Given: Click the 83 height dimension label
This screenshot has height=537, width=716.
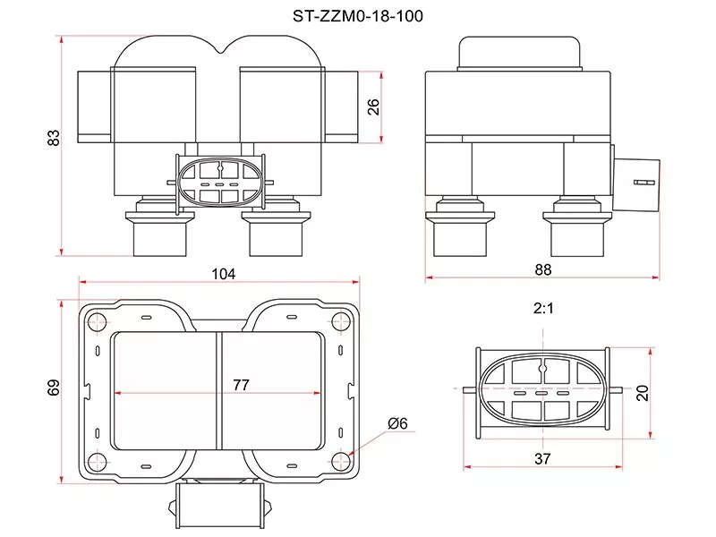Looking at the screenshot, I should click(54, 138).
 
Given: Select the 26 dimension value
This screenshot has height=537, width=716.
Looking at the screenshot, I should click(375, 106).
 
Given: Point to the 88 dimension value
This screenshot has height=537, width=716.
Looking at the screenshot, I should click(542, 268).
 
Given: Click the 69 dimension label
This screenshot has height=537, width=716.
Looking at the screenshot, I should click(54, 387).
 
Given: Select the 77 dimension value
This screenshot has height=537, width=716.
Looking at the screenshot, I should click(240, 385).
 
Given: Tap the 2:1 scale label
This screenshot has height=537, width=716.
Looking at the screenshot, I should click(544, 309).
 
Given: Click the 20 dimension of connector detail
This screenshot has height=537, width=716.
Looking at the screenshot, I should click(642, 393).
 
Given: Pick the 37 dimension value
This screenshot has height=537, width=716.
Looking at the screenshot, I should click(542, 458).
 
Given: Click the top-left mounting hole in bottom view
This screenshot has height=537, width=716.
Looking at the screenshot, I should click(96, 320).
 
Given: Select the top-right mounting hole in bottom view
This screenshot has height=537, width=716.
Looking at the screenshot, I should click(341, 320).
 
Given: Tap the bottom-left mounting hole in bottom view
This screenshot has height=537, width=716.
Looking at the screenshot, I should click(96, 461).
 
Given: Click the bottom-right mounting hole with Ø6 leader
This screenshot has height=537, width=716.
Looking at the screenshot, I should click(341, 461).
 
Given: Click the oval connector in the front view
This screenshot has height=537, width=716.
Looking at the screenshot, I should click(220, 182).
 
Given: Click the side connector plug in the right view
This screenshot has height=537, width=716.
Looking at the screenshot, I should click(637, 182).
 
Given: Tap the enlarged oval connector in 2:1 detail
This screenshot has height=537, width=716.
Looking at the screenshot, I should click(543, 393).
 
